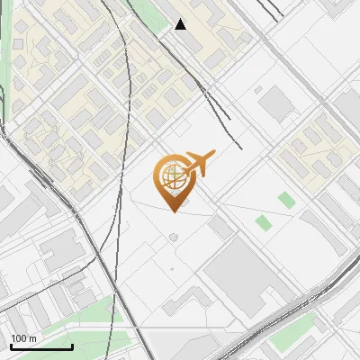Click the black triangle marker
tap(181, 24)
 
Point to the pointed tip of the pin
tap(173, 211)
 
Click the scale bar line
tap(41, 346)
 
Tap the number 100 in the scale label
tap(20, 338)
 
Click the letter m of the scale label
tap(33, 338)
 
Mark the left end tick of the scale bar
tap(11, 346)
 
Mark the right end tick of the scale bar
tap(72, 346)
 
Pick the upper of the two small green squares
tap(285, 199)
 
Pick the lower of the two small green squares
tap(263, 222)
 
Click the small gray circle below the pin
tap(173, 238)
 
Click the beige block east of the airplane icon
tap(315, 148)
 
